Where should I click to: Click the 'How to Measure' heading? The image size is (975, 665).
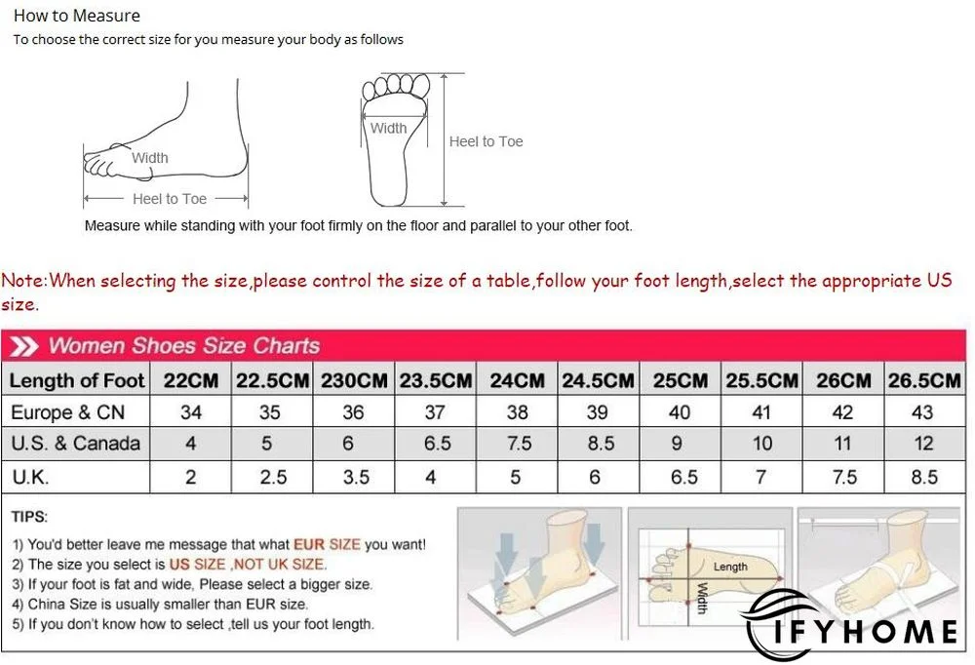77,16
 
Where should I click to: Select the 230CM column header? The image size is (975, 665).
354,380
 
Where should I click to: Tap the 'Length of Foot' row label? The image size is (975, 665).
77,380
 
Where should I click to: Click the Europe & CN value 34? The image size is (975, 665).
191,412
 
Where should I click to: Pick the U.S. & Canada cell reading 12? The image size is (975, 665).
923,444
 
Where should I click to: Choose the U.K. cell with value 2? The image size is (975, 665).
191,477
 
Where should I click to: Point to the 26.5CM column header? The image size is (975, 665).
923,380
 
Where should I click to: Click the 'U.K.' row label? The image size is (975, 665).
30,477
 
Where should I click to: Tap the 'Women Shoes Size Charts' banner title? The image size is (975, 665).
183,346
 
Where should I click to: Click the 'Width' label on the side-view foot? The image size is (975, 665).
150,158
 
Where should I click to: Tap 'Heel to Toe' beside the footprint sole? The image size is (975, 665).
486,141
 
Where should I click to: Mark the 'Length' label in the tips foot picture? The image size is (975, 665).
730,567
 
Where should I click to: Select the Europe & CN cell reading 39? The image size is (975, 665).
598,412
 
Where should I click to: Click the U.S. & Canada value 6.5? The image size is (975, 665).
437,444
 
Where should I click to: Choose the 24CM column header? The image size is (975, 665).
517,380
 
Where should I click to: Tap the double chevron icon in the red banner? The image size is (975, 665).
25,346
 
